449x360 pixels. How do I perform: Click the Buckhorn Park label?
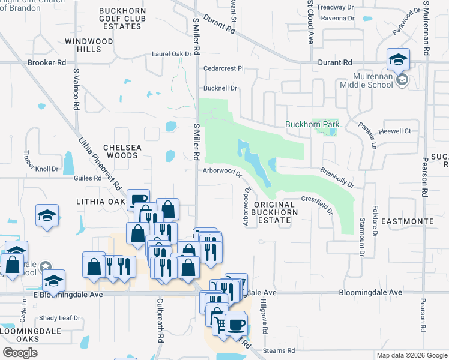(x=312, y=125)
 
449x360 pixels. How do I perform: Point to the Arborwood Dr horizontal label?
(x=221, y=171)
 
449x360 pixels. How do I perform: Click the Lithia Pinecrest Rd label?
(x=100, y=160)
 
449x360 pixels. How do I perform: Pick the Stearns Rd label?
(x=282, y=350)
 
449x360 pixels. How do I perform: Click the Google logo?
(x=20, y=353)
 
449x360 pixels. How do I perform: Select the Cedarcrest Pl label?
(x=223, y=68)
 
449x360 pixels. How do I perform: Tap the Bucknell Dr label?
(x=220, y=88)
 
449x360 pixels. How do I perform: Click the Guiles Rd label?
(x=88, y=178)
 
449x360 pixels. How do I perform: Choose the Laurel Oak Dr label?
(x=171, y=53)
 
